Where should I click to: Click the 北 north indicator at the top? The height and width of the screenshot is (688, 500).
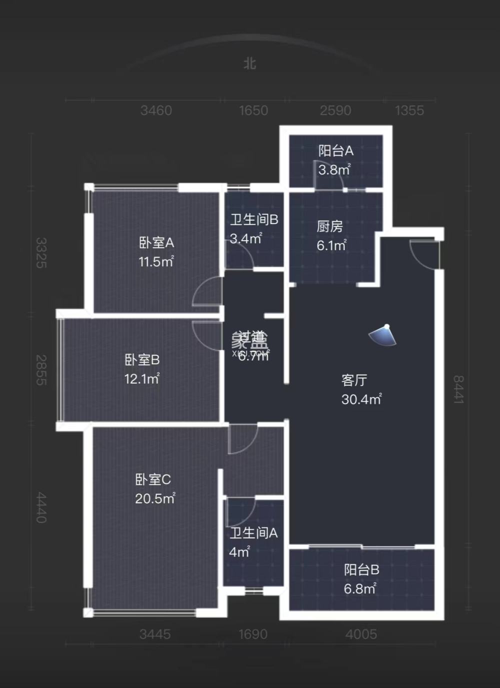tap(249, 64)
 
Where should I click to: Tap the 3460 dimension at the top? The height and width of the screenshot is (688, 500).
tap(156, 110)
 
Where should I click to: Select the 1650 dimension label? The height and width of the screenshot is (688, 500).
tap(253, 110)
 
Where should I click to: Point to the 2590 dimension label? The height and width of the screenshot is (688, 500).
tap(335, 110)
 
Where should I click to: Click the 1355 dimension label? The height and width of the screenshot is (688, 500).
tap(409, 110)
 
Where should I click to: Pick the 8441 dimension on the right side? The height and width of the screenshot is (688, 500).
tap(458, 389)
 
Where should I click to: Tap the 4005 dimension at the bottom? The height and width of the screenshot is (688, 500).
tap(361, 634)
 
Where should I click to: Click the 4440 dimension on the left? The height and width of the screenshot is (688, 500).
tap(41, 507)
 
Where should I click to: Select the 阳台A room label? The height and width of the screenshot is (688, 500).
tap(336, 151)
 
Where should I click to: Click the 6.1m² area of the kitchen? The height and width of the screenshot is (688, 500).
tap(331, 246)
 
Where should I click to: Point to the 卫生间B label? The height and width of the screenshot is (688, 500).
tap(254, 220)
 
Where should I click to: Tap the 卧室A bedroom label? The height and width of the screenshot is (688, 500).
tap(156, 243)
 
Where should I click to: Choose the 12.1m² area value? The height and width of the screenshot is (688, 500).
tap(142, 379)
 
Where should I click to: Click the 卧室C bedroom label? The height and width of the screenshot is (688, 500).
tap(153, 479)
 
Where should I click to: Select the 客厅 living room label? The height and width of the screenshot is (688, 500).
tap(354, 380)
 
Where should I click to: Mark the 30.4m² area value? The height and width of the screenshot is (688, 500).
tap(361, 399)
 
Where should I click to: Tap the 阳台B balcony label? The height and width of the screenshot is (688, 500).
tap(361, 569)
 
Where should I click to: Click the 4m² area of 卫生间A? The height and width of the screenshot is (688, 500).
tap(239, 552)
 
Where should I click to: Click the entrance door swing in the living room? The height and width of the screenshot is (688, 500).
tap(423, 253)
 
